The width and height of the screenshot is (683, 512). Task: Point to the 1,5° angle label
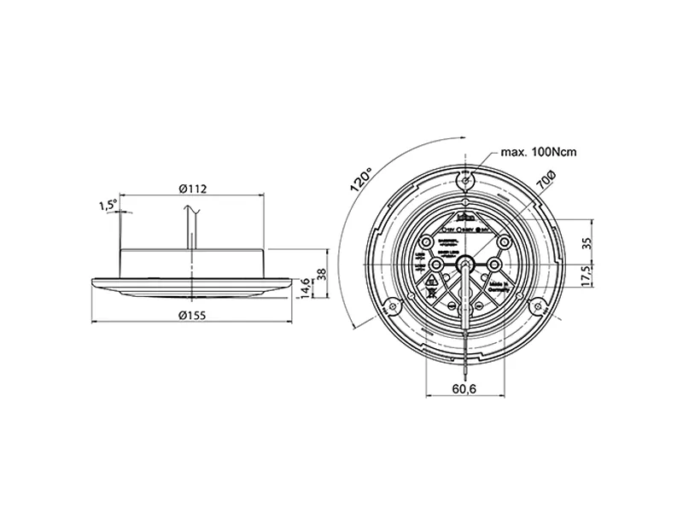pyautogui.click(x=108, y=205)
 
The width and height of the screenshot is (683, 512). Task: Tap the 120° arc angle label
pyautogui.click(x=360, y=180)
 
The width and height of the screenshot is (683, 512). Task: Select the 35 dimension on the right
pyautogui.click(x=586, y=242)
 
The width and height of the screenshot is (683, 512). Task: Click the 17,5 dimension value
pyautogui.click(x=586, y=278)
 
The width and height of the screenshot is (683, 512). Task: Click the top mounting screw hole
pyautogui.click(x=464, y=180)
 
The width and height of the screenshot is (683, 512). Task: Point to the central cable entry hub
pyautogui.click(x=464, y=265)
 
